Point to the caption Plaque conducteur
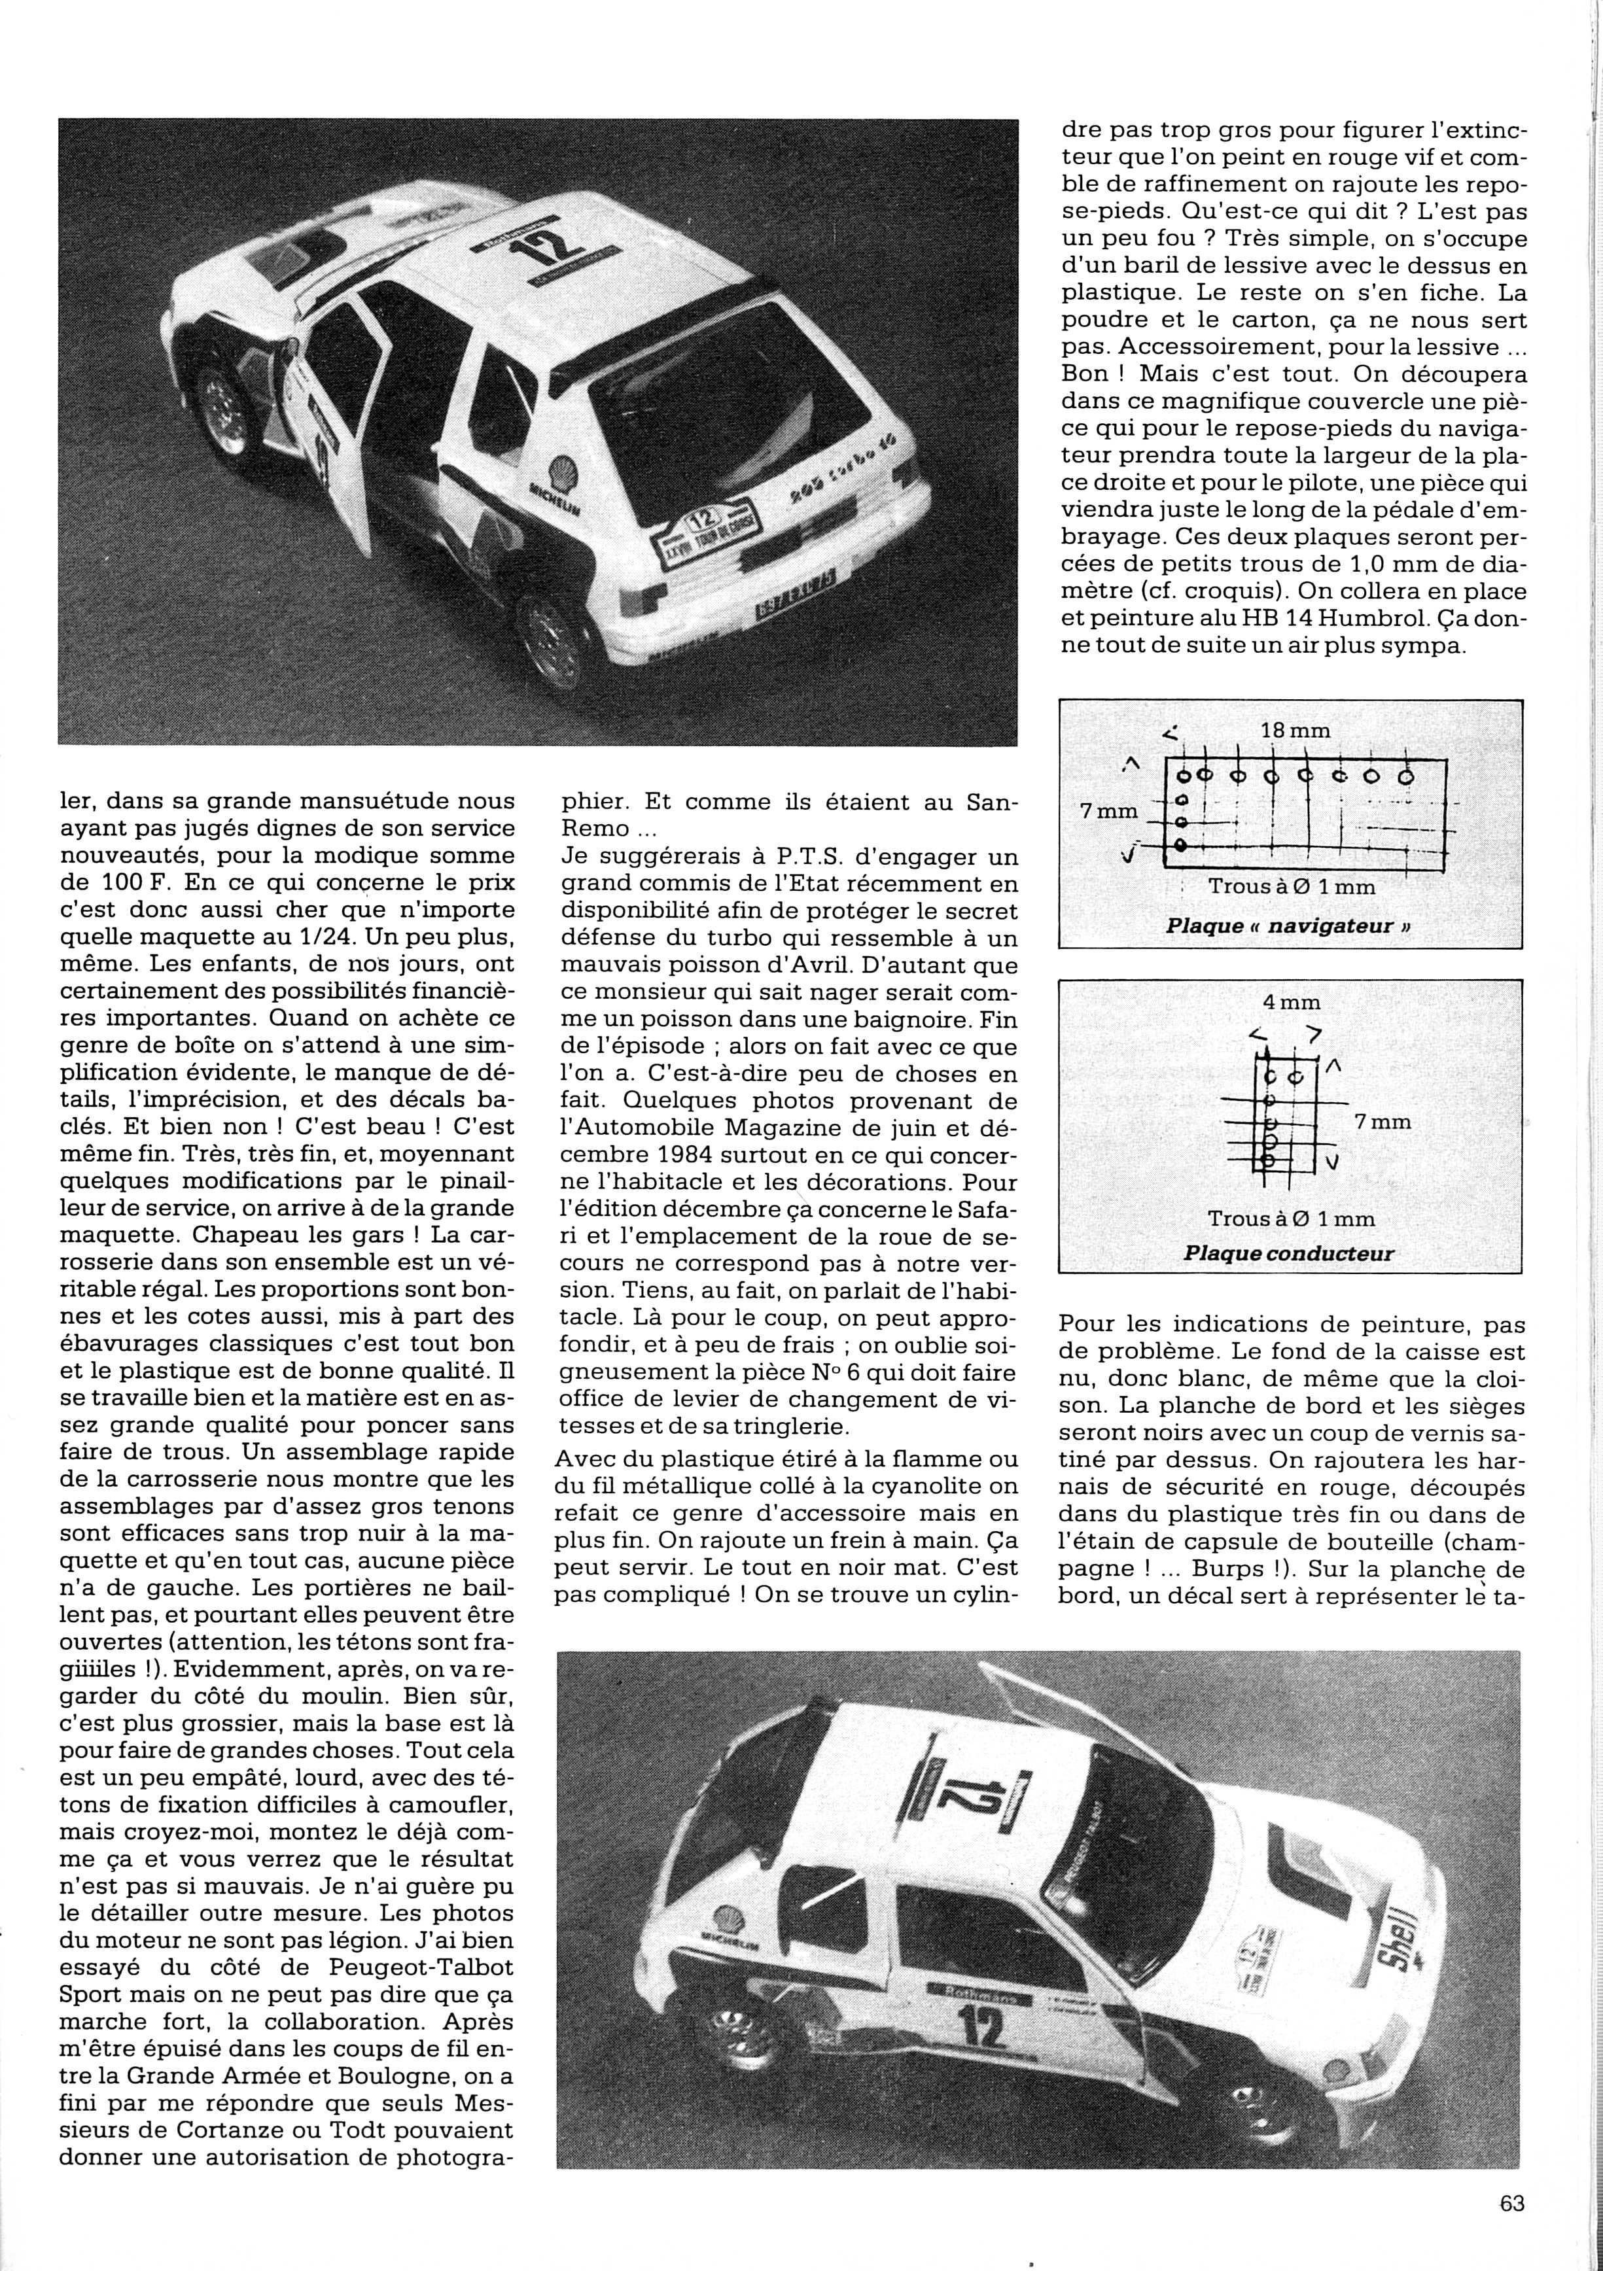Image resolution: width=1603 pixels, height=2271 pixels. (1288, 1254)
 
